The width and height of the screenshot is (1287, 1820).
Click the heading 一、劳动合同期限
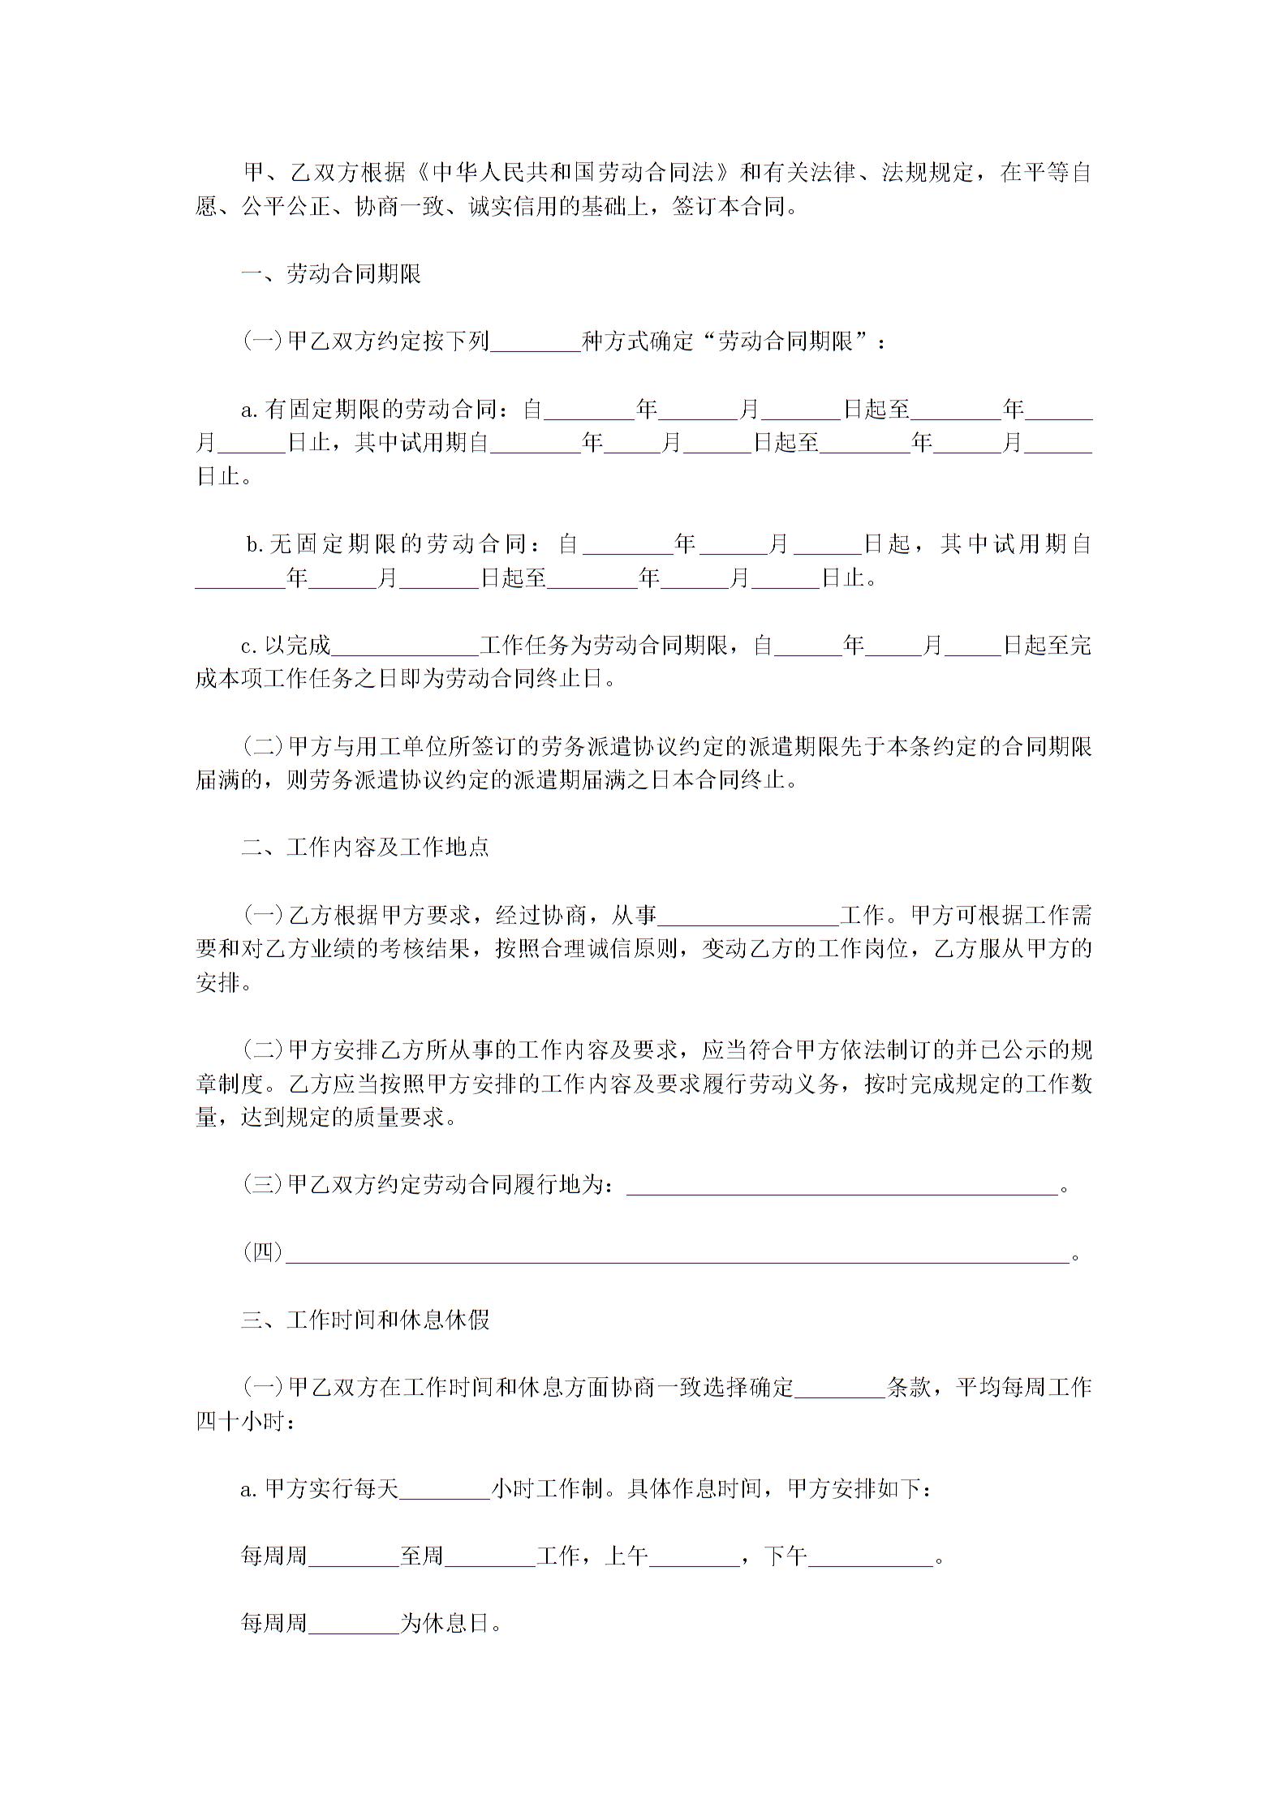(331, 274)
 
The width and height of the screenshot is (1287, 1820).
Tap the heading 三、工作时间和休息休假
(365, 1320)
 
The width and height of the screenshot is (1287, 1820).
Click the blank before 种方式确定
(536, 342)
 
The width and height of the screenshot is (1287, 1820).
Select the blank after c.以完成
(405, 646)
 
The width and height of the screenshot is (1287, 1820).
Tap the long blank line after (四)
(678, 1254)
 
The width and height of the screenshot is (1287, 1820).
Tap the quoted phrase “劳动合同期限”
(784, 342)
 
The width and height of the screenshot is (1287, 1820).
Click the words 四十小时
(241, 1423)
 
